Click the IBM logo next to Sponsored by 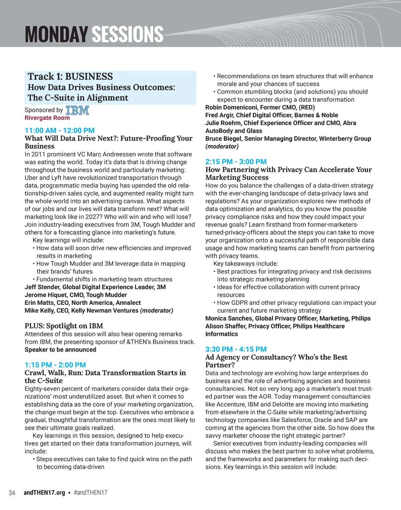pyautogui.click(x=77, y=110)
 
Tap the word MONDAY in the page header pyautogui.click(x=56, y=34)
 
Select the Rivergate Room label pyautogui.click(x=47, y=118)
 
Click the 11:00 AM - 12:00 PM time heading pyautogui.click(x=59, y=130)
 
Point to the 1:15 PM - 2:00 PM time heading pyautogui.click(x=55, y=365)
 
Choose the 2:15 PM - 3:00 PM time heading pyautogui.click(x=236, y=162)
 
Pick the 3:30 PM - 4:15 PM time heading pyautogui.click(x=236, y=349)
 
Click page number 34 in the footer pyautogui.click(x=12, y=493)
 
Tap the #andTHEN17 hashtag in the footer pyautogui.click(x=91, y=493)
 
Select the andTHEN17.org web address pyautogui.click(x=44, y=493)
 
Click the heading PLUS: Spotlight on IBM pyautogui.click(x=64, y=326)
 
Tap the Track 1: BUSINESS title pyautogui.click(x=70, y=77)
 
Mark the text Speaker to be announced pyautogui.click(x=60, y=349)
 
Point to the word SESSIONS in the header pyautogui.click(x=127, y=34)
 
